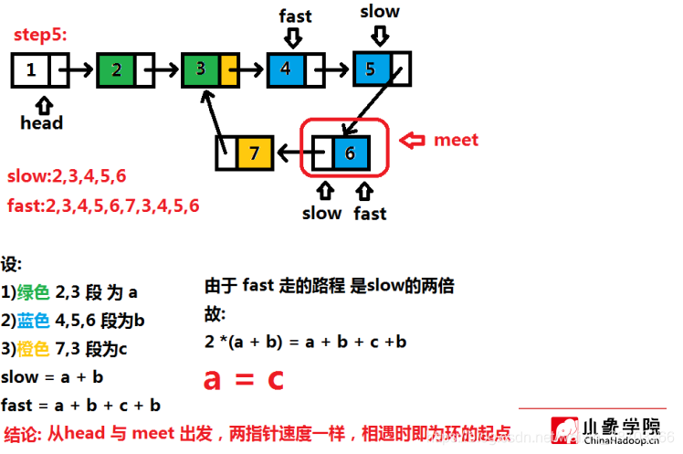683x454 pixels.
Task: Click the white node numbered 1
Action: click(x=32, y=69)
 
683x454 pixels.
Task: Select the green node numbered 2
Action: click(x=116, y=69)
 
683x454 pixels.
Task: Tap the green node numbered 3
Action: click(x=201, y=69)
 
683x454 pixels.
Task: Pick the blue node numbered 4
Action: click(x=287, y=69)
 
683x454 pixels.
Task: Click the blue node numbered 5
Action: click(x=372, y=69)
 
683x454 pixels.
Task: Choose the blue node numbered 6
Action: click(x=350, y=153)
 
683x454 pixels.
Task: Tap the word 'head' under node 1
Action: click(x=41, y=121)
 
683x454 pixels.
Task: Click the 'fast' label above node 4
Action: click(x=294, y=16)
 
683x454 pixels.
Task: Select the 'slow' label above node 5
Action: click(x=380, y=12)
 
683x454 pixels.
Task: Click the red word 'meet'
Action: click(x=456, y=140)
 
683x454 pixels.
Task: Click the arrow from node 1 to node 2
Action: click(x=80, y=69)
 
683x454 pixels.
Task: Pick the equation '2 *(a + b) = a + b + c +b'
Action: click(x=306, y=342)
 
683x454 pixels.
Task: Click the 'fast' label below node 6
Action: click(x=370, y=214)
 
